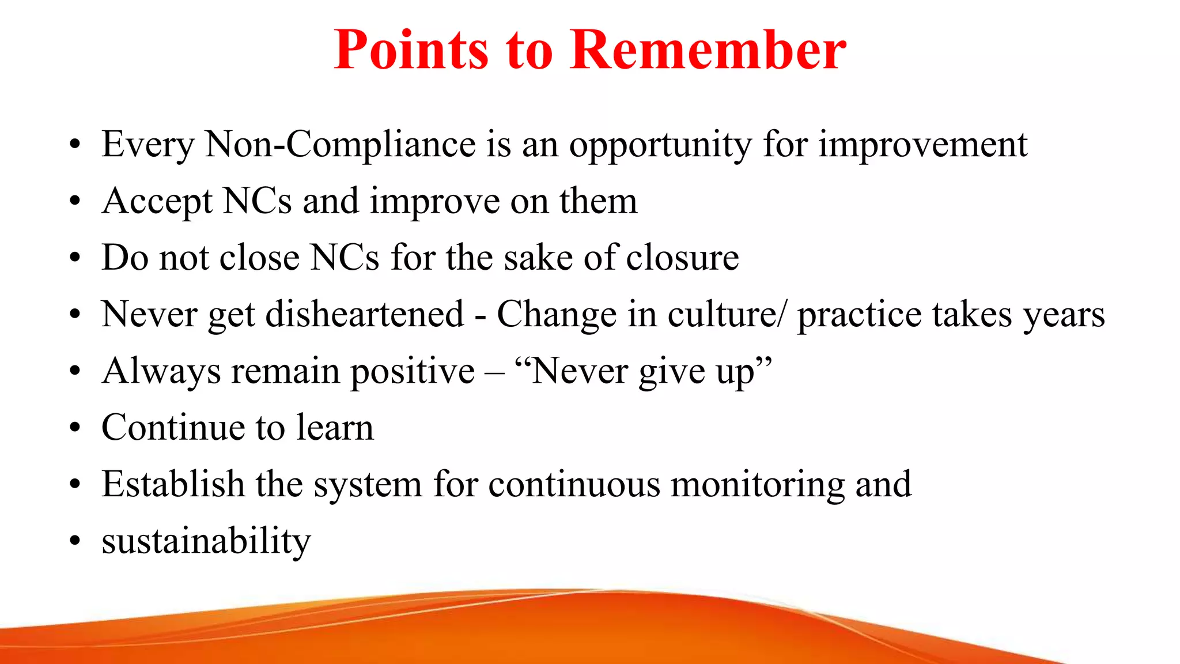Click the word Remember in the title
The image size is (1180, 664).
pos(708,51)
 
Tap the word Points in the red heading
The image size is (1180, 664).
pos(411,51)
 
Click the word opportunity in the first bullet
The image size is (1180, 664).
pos(660,145)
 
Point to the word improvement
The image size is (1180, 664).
pos(923,145)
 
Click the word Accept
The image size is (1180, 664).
pos(157,202)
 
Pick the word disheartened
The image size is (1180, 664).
pos(364,315)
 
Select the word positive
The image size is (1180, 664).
pos(413,371)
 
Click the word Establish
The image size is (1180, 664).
pos(173,484)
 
